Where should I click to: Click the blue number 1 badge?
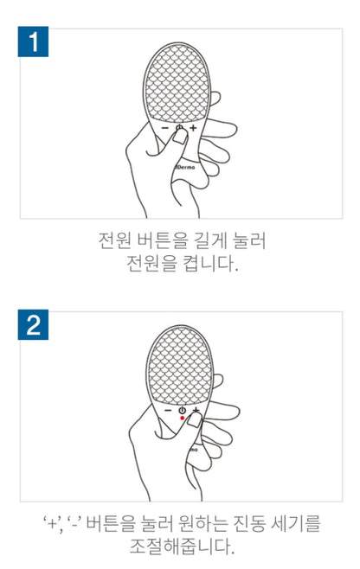pos(33,42)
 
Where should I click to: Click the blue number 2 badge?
pos(33,324)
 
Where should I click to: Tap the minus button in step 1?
pos(165,128)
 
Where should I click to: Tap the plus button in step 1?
pos(193,128)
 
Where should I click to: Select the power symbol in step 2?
pos(182,410)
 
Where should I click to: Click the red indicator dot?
pos(183,418)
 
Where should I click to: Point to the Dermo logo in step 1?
pos(185,167)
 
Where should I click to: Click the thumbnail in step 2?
pos(195,420)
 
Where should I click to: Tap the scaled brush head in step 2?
pos(180,366)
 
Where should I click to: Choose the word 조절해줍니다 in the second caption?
pos(182,547)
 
